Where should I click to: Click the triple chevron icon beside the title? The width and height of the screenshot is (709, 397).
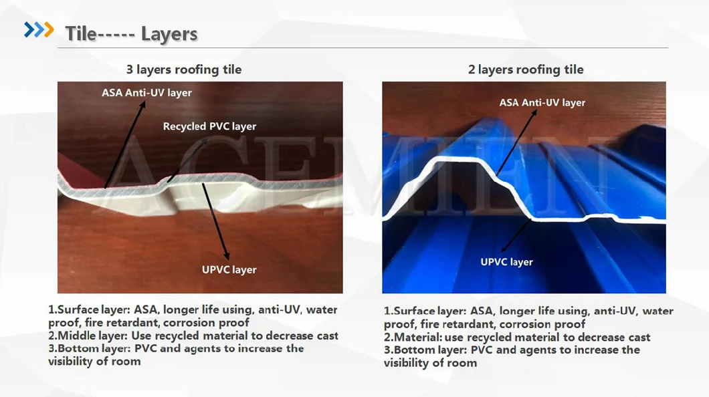tap(39, 30)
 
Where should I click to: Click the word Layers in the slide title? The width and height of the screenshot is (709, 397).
tap(169, 34)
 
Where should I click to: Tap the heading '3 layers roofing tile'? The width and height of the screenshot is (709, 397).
tap(183, 70)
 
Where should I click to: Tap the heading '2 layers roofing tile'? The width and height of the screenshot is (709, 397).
tap(526, 70)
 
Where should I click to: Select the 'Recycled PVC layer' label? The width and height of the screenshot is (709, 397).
tap(209, 126)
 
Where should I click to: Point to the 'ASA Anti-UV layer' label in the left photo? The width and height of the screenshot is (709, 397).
tap(146, 93)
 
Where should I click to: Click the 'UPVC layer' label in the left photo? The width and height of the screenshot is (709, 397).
tap(229, 269)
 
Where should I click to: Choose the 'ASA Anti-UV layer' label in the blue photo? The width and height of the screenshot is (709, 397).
tap(542, 102)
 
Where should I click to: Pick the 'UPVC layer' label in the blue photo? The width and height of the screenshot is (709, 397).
tap(506, 262)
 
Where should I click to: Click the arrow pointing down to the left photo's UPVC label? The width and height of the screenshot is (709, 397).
tap(215, 221)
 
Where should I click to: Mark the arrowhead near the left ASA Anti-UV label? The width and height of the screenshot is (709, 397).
tap(142, 104)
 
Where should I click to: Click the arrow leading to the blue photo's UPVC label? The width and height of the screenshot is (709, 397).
tap(516, 235)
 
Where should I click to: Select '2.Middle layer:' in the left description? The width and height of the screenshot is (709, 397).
tap(88, 336)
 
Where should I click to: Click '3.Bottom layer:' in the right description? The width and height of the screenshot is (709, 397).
tap(425, 350)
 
